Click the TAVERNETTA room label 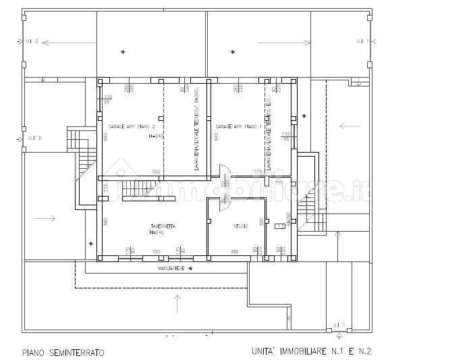[x=163, y=226]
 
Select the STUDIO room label [x=241, y=226]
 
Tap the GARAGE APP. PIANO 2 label [x=132, y=127]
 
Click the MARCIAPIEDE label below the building [x=171, y=268]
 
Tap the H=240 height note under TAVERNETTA [x=157, y=233]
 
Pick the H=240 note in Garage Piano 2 [x=157, y=136]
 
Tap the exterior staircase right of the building [x=307, y=203]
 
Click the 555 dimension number [x=257, y=172]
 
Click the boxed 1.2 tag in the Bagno [x=279, y=227]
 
